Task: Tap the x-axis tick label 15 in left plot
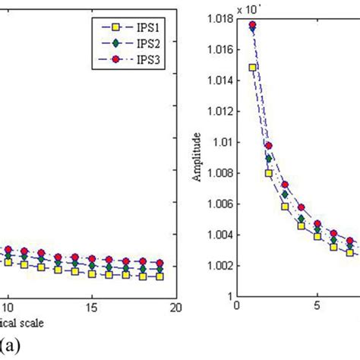click(92, 308)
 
